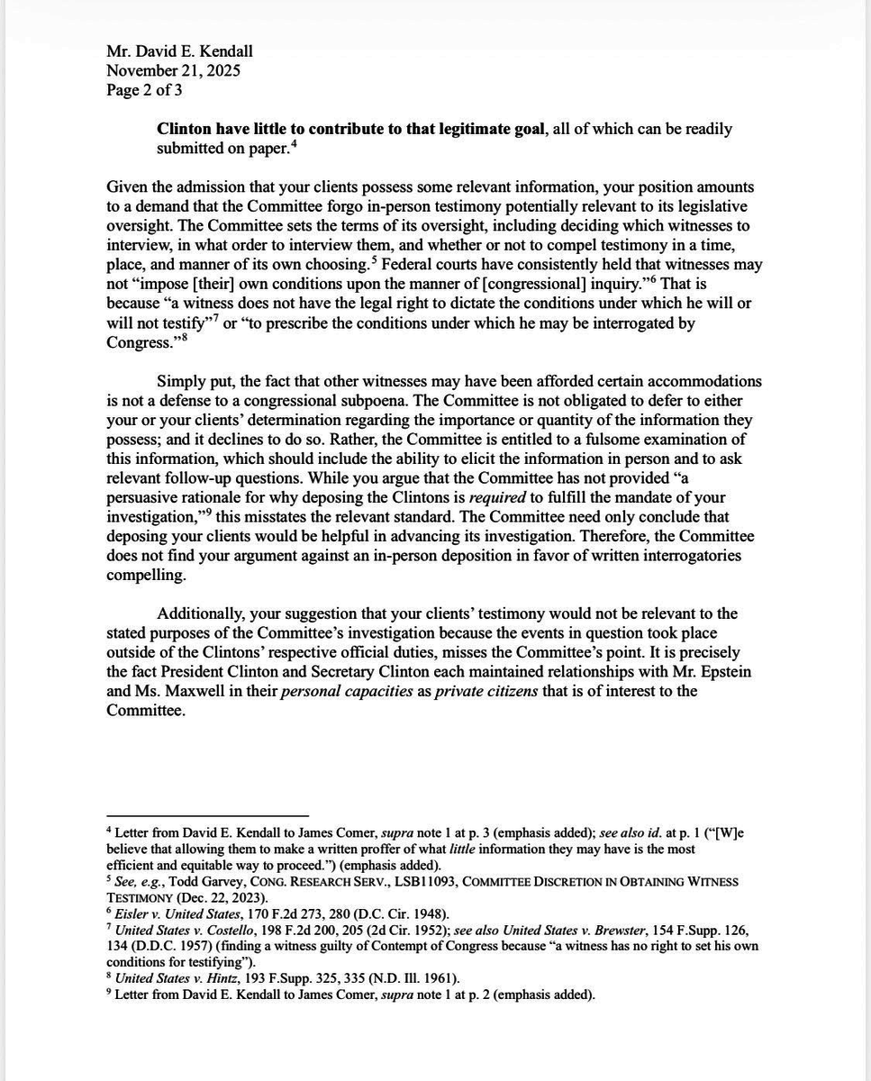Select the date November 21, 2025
173,70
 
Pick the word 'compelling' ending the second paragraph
146,575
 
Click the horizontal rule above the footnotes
207,816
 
